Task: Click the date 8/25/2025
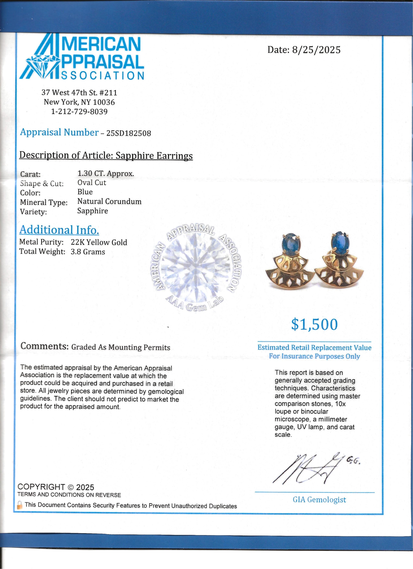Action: [316, 50]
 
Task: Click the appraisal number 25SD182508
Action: [129, 133]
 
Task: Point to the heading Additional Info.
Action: [59, 230]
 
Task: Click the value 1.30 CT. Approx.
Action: [106, 173]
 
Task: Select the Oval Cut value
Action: [92, 183]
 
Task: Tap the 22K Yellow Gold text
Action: [99, 242]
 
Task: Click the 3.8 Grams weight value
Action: [88, 252]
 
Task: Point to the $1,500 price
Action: [314, 324]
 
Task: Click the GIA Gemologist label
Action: [319, 499]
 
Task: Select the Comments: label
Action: [44, 346]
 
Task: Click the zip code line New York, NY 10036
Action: [79, 102]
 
